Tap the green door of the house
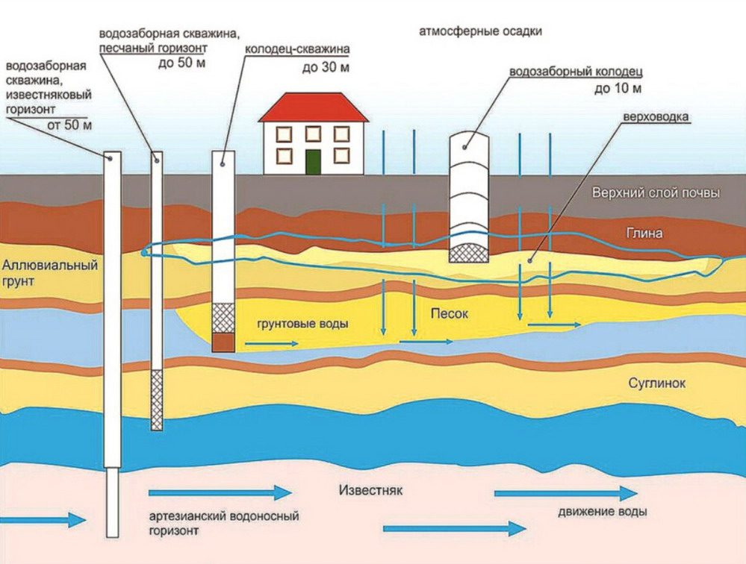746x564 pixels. [313, 162]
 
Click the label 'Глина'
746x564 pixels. [644, 233]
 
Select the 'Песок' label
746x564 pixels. [449, 313]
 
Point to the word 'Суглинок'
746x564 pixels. [656, 383]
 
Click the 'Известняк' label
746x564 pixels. [370, 490]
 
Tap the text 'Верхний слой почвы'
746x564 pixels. [656, 193]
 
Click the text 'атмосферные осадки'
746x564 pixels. [480, 32]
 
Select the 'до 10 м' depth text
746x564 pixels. [618, 88]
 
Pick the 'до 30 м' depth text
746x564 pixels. [326, 68]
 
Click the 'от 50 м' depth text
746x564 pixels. [69, 125]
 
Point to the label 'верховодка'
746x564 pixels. [656, 117]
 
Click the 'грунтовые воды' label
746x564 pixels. [302, 324]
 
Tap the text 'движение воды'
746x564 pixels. [603, 513]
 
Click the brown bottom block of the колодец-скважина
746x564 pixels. [223, 342]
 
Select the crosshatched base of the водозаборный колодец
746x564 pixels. [469, 253]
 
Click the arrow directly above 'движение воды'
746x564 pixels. [566, 494]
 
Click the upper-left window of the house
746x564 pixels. [284, 134]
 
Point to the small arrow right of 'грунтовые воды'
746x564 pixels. [272, 343]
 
